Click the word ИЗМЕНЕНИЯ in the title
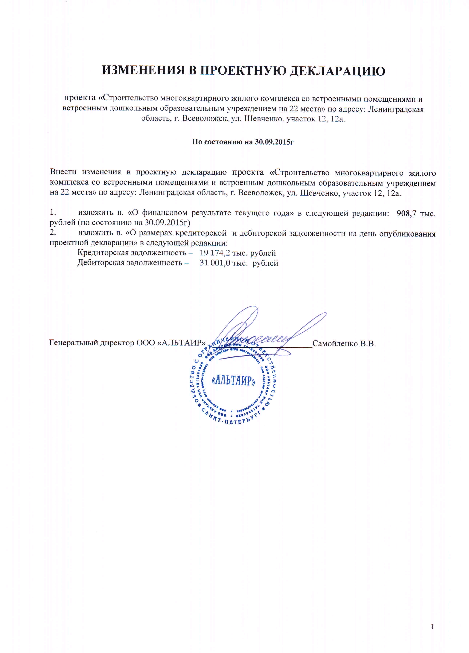143,71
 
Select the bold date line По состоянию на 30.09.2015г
243,142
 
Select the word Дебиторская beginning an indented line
101,263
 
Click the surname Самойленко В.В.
344,343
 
